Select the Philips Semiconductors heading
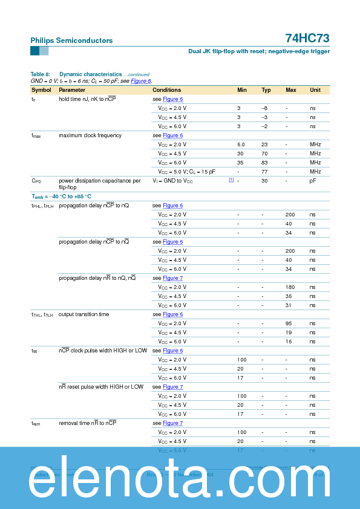coord(71,41)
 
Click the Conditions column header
coord(166,90)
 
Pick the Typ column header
coord(266,90)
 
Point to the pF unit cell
coord(313,181)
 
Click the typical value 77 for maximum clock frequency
coord(264,172)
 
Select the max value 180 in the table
coord(290,287)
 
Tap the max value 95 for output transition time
coord(289,323)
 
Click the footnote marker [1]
coord(231,180)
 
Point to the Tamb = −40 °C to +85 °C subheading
coord(61,196)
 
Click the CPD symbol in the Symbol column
coord(36,181)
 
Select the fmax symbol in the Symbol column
coord(36,136)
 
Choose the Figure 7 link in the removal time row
coord(172,423)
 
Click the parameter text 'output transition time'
coord(84,314)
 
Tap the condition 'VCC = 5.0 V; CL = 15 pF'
coord(186,172)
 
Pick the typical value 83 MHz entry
coord(264,163)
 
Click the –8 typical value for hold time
coord(264,108)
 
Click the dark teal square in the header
coord(34,51)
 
